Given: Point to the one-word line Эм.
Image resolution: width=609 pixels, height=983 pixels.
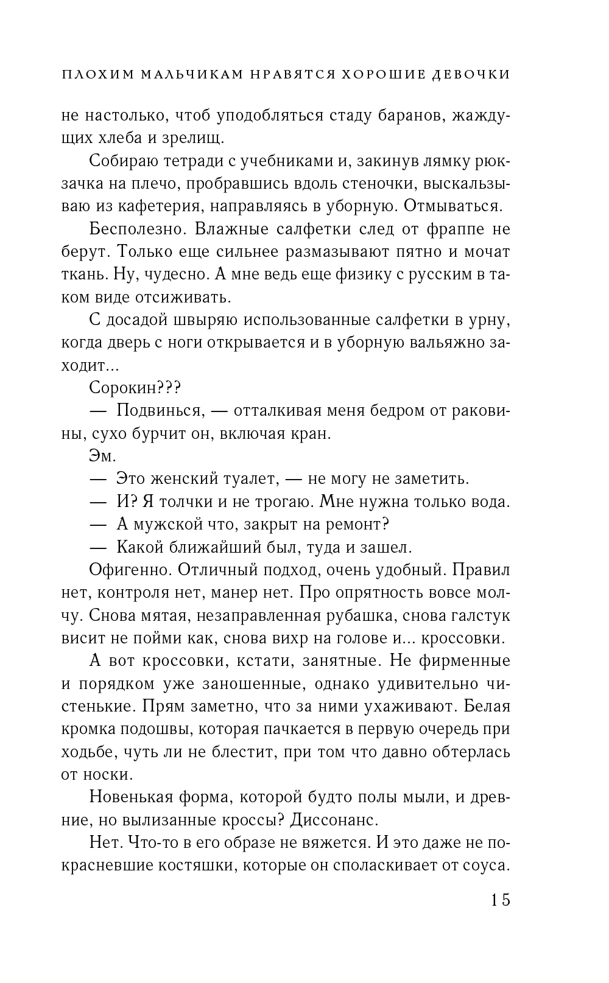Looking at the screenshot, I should [x=102, y=457].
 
